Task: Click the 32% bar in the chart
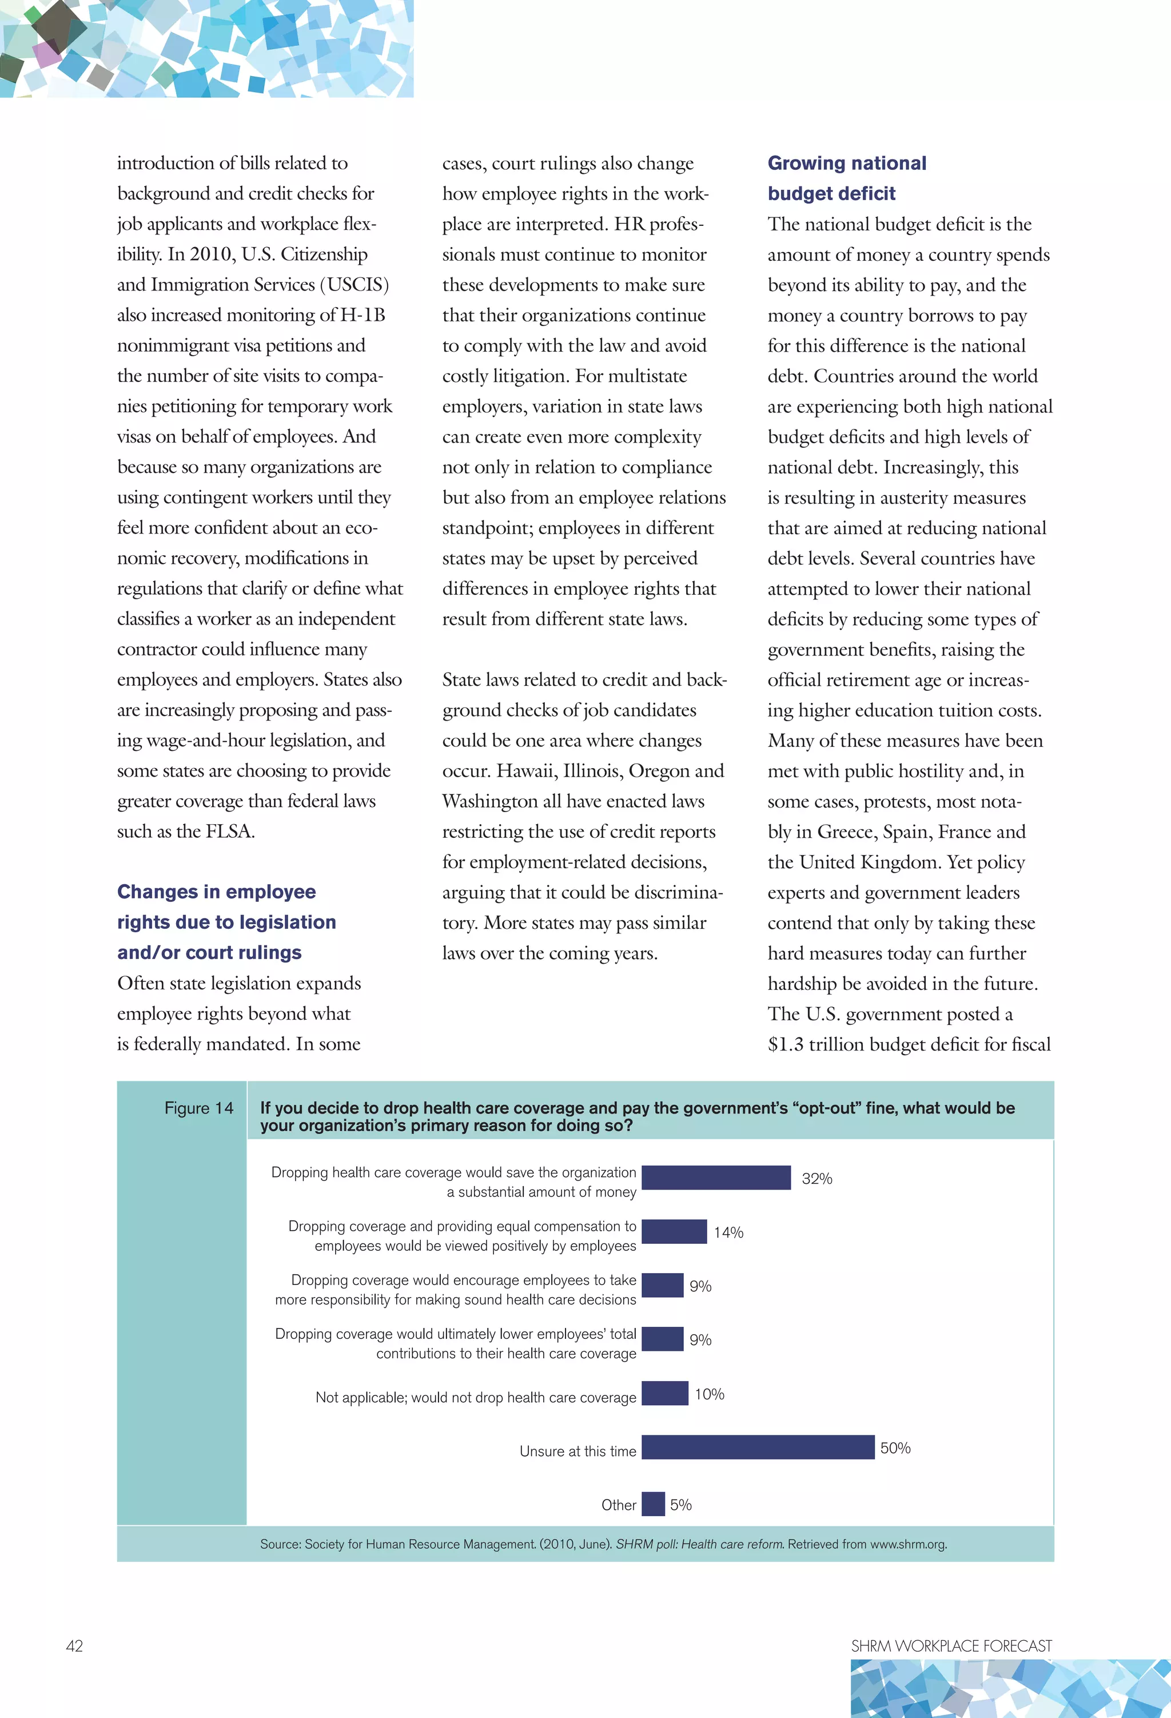(716, 1178)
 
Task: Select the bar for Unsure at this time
(758, 1447)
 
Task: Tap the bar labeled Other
(653, 1504)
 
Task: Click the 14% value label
(728, 1232)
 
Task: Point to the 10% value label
(709, 1394)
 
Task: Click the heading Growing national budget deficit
(846, 178)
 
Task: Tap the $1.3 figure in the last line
(785, 1044)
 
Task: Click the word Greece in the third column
(846, 832)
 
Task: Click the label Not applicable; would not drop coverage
(475, 1398)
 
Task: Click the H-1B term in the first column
(363, 315)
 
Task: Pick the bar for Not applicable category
(664, 1394)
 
